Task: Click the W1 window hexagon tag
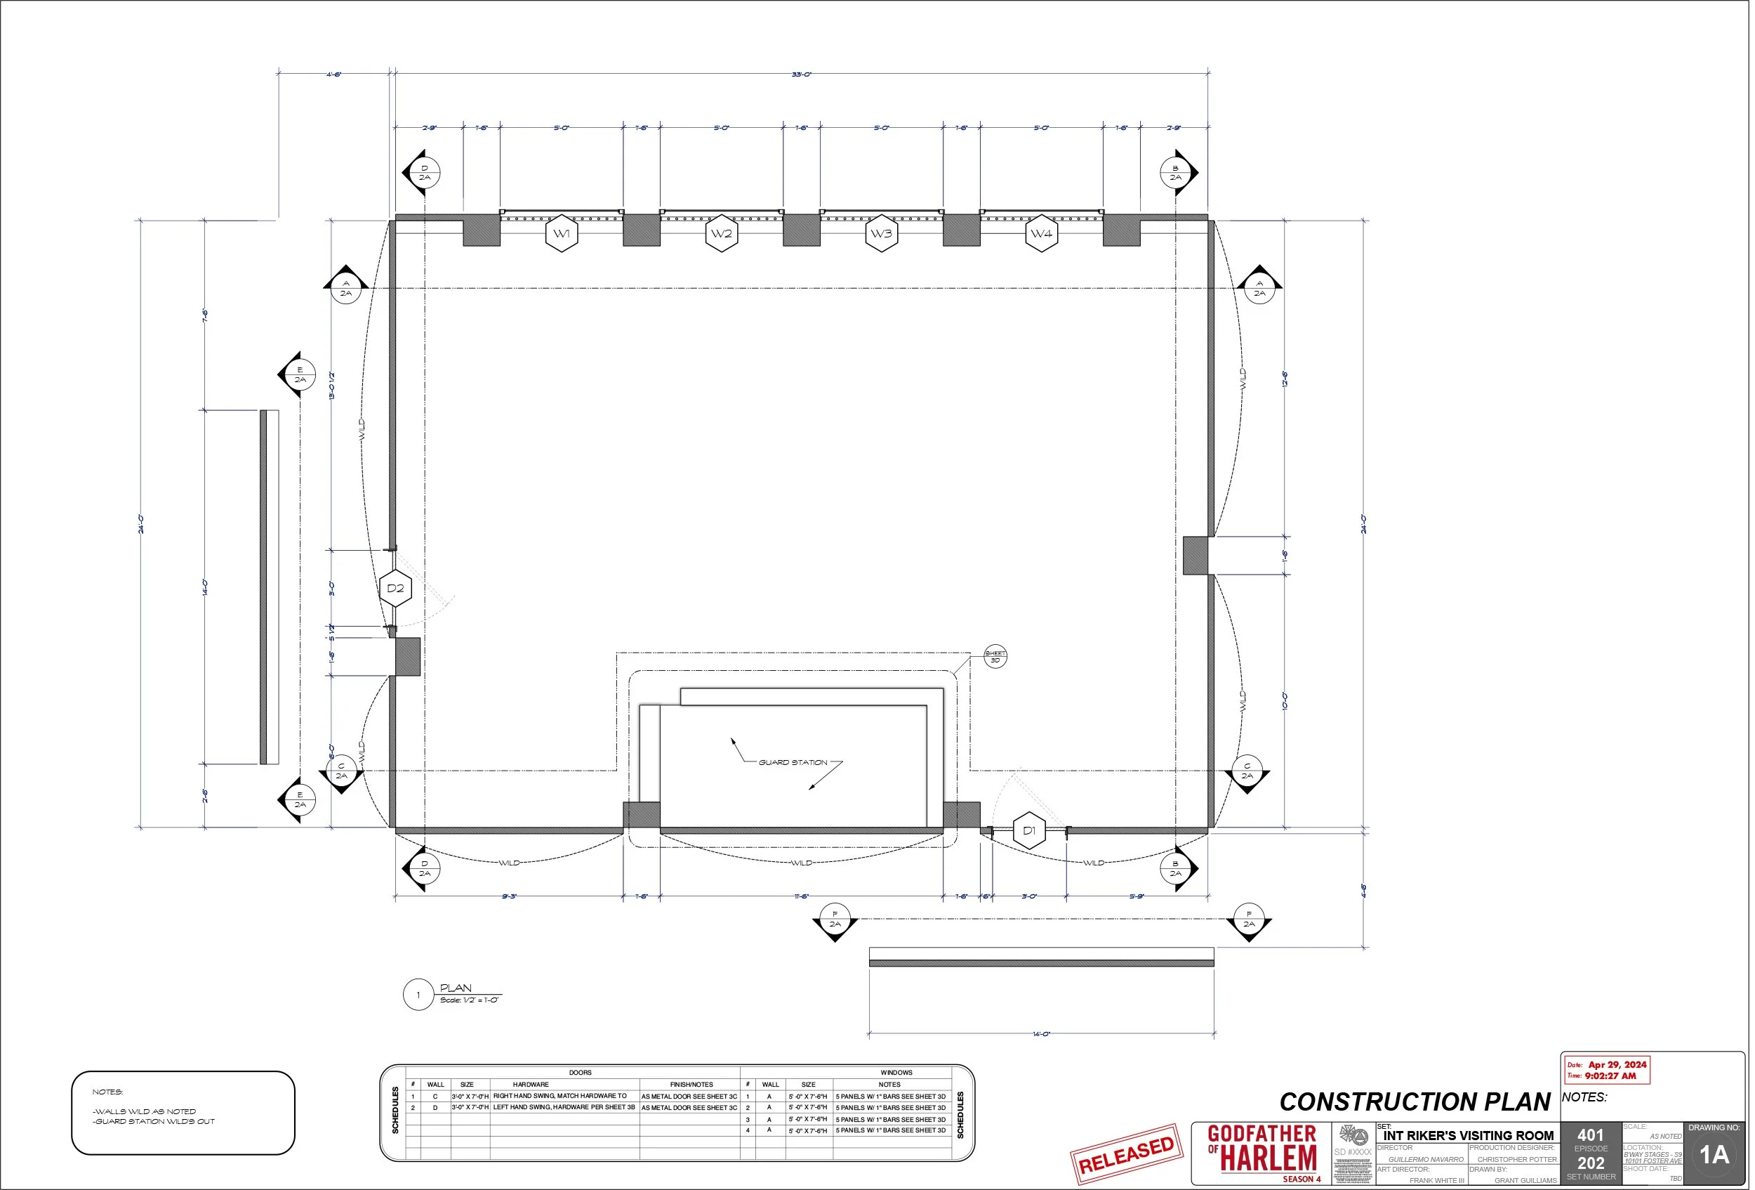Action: (x=562, y=234)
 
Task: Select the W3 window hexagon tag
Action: (x=882, y=234)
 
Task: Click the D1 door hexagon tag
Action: (x=1029, y=831)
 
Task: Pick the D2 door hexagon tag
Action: (x=396, y=589)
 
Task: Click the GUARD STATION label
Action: (x=793, y=763)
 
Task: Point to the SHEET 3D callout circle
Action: (x=995, y=657)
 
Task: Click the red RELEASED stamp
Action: (x=1127, y=1154)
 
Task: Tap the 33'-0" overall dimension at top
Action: (x=801, y=74)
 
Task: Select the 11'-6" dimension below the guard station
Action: (x=801, y=897)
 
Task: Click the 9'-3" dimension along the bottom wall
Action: (x=510, y=897)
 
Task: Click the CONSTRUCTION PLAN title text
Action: (x=1415, y=1102)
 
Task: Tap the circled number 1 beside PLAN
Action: (x=418, y=996)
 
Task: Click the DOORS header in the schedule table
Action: (x=580, y=1073)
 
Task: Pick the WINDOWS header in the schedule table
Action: (x=896, y=1073)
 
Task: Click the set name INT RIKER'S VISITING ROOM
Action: (x=1468, y=1136)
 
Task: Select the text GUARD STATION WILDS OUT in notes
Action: (x=155, y=1122)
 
